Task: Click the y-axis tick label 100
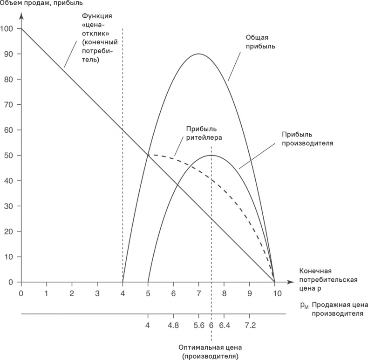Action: click(x=8, y=29)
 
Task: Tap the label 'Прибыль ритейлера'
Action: click(x=204, y=133)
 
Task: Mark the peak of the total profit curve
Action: click(x=199, y=54)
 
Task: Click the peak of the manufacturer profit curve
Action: click(x=211, y=156)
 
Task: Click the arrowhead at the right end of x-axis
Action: click(x=293, y=282)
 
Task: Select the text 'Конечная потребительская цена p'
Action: click(x=328, y=279)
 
